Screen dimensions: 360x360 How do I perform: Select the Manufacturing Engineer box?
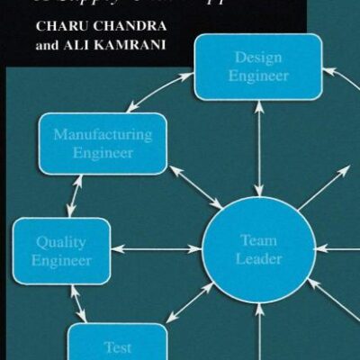click(x=102, y=144)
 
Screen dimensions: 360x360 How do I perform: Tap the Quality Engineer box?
click(x=61, y=251)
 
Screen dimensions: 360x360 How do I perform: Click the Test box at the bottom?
click(x=117, y=345)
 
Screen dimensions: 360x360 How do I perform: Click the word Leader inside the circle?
click(x=258, y=259)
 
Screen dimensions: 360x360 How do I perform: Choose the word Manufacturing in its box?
click(x=102, y=135)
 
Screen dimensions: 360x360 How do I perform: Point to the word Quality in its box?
click(x=61, y=242)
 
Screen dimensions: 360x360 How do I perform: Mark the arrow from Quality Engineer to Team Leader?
click(x=157, y=247)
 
